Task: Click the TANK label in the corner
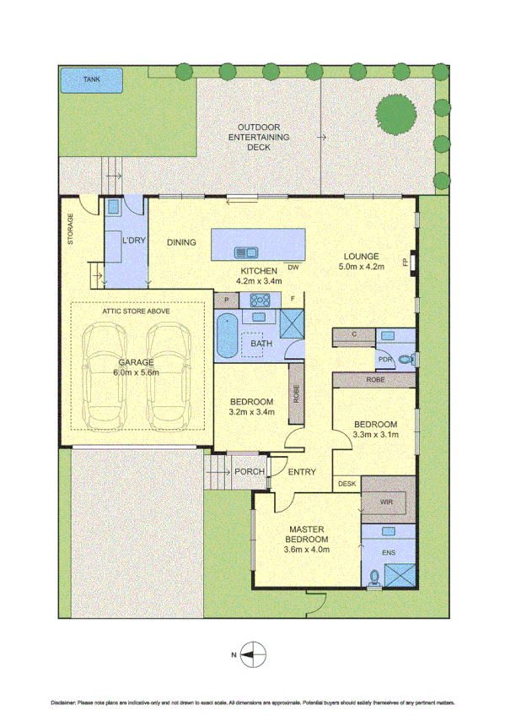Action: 91,79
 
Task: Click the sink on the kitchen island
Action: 246,251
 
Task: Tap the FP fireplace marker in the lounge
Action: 406,263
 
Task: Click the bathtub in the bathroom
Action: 226,337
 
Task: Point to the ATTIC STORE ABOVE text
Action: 137,311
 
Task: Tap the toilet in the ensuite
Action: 373,578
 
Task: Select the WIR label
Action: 386,502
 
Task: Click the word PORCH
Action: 250,472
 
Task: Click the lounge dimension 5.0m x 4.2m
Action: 360,268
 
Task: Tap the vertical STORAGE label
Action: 71,229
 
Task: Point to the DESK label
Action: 347,485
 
